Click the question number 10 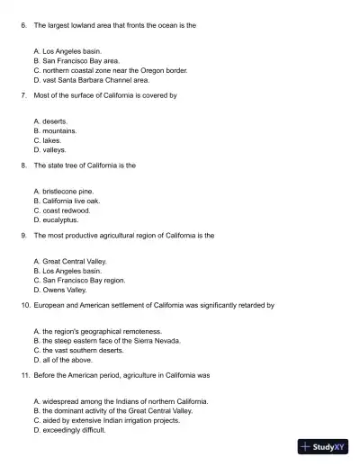pyautogui.click(x=24, y=305)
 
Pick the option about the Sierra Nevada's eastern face pyautogui.click(x=106, y=341)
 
